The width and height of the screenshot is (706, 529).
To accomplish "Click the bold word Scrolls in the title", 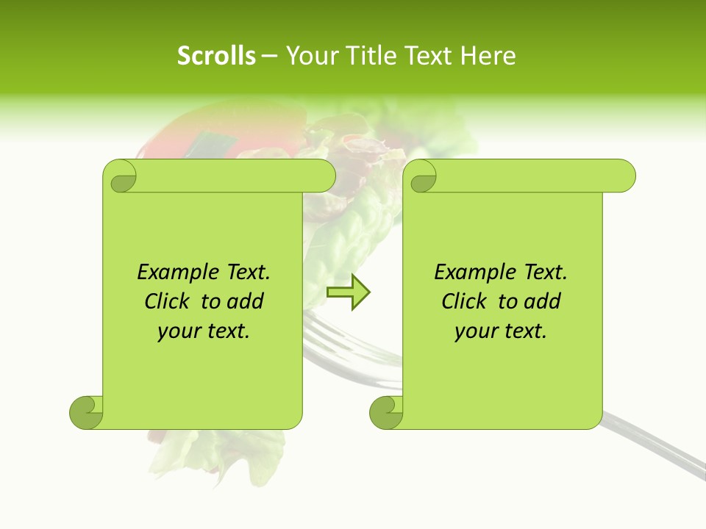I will point(216,56).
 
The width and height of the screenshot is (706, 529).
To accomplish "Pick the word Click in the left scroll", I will point(168,301).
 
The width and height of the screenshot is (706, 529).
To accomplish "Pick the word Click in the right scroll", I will point(466,301).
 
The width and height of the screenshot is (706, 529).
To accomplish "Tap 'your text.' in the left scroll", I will point(204,331).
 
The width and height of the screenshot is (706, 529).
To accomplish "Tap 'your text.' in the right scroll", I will point(501,331).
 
